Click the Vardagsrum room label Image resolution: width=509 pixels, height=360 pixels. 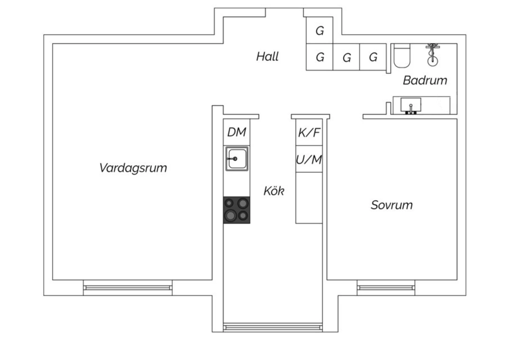(x=133, y=168)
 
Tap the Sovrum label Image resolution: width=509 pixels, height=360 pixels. (x=392, y=205)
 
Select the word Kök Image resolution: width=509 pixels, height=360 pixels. (x=274, y=191)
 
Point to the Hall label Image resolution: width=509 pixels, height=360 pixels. (x=267, y=56)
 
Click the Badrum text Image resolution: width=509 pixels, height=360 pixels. (x=425, y=80)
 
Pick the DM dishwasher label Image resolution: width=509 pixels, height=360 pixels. (x=237, y=132)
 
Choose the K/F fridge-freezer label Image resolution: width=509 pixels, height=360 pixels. (x=309, y=132)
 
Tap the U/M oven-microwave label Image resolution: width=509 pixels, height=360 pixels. (x=309, y=159)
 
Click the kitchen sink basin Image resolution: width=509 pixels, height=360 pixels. (x=237, y=159)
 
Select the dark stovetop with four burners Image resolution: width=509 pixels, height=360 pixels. (x=237, y=210)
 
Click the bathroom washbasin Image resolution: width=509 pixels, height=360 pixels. (x=411, y=105)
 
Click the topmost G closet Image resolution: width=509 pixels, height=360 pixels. (x=320, y=31)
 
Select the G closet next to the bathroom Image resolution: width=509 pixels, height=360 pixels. (x=373, y=57)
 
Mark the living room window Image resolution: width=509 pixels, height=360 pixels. (x=128, y=288)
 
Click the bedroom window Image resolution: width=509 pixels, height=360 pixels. (x=386, y=288)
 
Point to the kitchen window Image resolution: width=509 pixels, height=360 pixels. (x=273, y=327)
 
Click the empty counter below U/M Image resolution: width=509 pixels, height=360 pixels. (x=309, y=198)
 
